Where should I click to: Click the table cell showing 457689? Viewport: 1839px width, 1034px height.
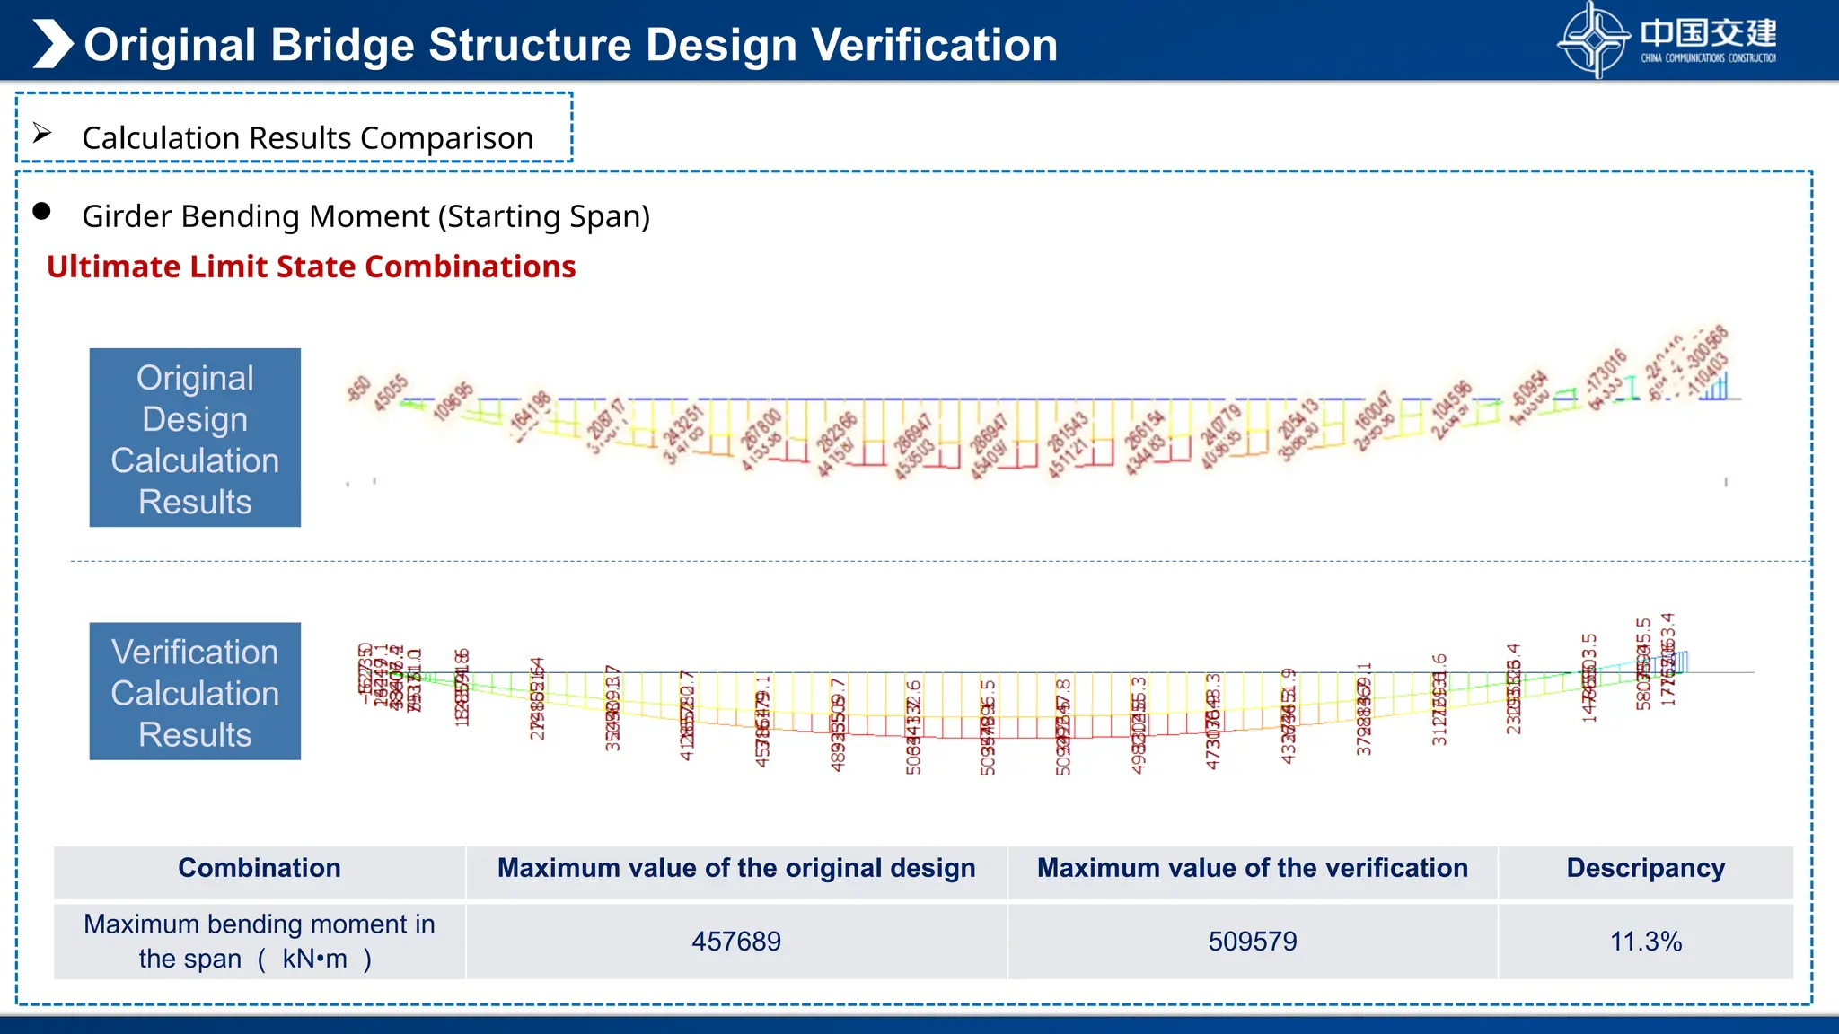735,941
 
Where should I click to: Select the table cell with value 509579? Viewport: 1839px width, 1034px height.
1252,941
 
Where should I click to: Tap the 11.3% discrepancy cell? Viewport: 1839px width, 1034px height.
1645,941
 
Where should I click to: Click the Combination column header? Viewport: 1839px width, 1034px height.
260,868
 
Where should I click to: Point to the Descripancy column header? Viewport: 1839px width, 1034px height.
1645,868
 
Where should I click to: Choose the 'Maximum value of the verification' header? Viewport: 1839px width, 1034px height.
1252,868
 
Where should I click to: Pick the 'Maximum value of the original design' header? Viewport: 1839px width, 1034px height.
735,868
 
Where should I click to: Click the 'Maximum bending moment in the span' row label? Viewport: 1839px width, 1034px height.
259,941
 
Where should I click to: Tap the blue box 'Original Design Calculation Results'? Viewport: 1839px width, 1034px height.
195,438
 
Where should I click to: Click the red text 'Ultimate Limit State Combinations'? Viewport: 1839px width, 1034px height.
311,267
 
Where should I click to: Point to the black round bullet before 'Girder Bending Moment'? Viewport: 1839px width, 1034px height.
41,212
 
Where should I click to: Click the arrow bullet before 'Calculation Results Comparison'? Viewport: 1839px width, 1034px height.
42,134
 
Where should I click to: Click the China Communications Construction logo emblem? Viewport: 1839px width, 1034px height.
1593,39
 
